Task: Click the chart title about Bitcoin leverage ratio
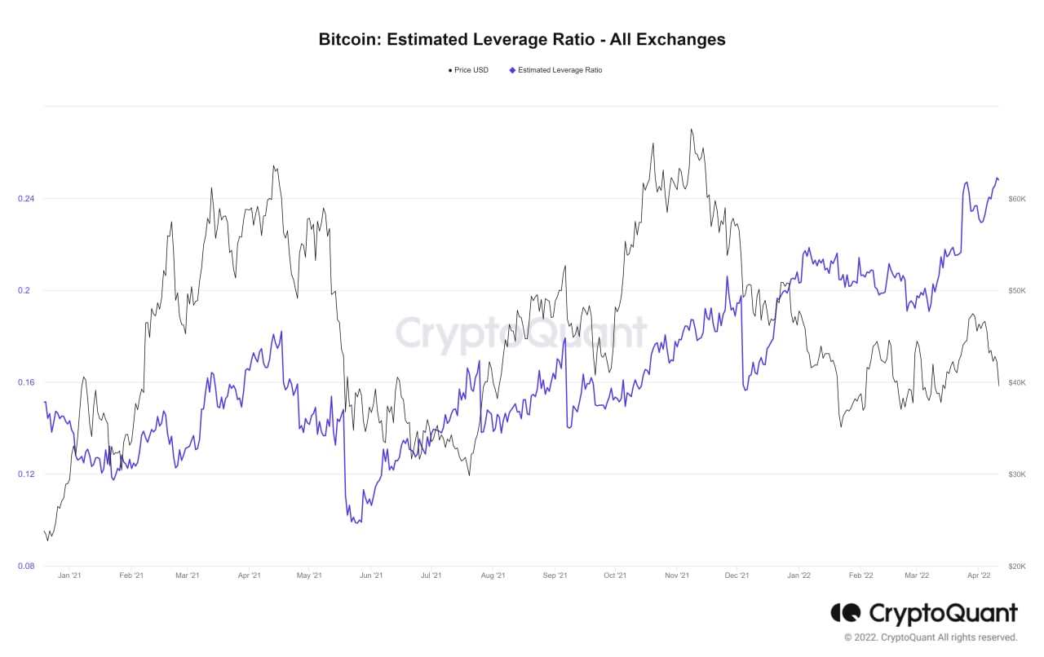522,39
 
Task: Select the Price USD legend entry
469,70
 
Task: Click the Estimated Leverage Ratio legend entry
556,70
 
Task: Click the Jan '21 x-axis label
69,575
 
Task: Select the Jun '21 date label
371,575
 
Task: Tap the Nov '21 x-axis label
677,575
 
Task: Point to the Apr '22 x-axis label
978,575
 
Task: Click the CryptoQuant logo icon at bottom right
845,612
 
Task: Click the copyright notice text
931,637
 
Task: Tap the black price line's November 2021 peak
692,129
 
